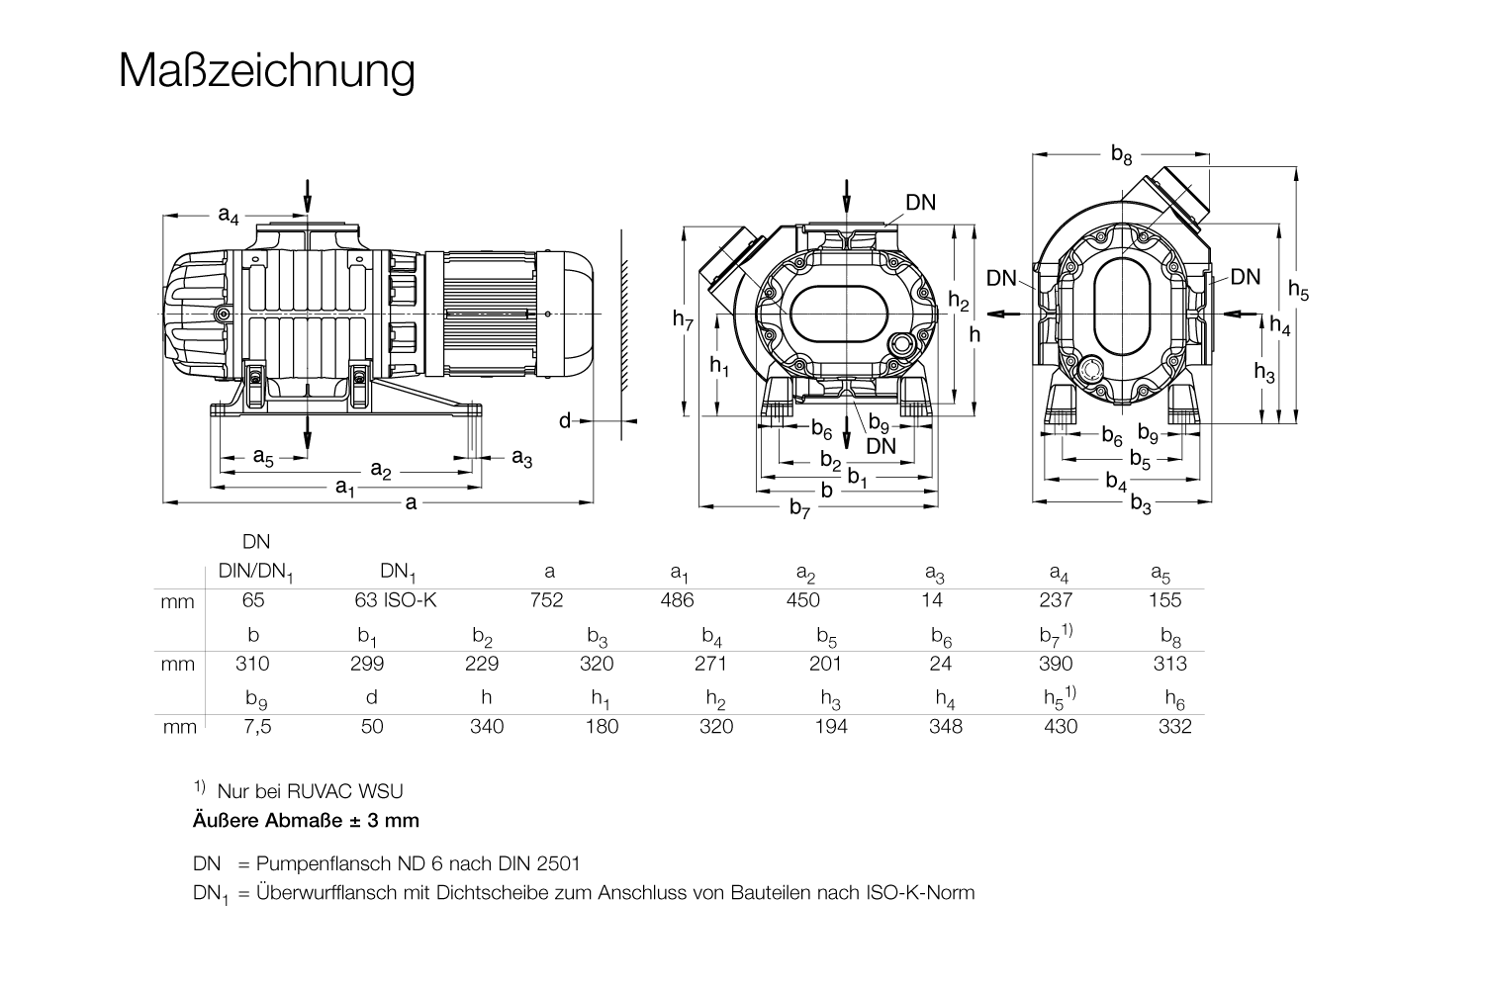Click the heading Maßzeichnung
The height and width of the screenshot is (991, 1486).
266,71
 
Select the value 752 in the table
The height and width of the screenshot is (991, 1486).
546,600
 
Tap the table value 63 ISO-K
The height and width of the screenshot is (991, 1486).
395,600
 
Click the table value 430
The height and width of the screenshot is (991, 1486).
1060,727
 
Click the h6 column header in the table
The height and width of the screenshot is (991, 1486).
1174,699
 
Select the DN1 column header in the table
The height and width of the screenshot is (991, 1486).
399,572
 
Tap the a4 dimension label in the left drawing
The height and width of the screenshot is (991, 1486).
229,215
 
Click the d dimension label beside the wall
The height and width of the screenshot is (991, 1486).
564,422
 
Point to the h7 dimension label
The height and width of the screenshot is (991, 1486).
684,319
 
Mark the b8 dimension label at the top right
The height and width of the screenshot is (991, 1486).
1121,155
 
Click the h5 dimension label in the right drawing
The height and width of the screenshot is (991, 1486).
1298,291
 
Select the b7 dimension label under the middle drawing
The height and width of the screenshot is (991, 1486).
799,508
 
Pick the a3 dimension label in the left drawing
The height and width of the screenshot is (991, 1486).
522,459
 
